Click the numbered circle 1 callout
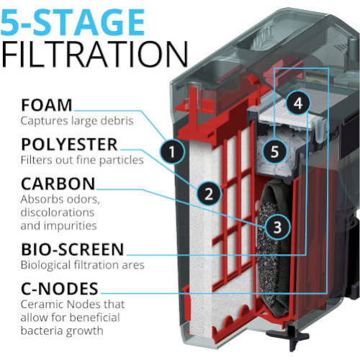click(172, 152)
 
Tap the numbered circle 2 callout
click(209, 194)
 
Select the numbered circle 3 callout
click(277, 227)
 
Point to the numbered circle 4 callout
click(298, 103)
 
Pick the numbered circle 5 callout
click(274, 152)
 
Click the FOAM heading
click(47, 105)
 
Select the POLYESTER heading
click(69, 145)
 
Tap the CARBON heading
click(58, 184)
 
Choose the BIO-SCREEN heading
click(73, 249)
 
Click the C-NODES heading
click(60, 289)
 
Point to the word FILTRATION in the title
click(94, 54)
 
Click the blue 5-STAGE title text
click(73, 22)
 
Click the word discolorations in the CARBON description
click(58, 212)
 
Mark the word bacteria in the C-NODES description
click(42, 330)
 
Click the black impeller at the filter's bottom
click(289, 336)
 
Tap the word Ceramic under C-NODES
click(42, 305)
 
